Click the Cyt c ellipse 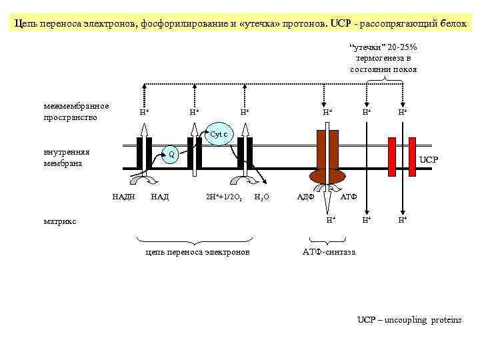tap(219, 133)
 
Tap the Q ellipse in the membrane tap(171, 155)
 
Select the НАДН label tap(123, 197)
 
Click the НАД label tap(160, 197)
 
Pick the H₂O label tap(262, 197)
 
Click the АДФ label tap(305, 197)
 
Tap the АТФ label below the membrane tap(349, 197)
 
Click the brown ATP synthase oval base tap(327, 176)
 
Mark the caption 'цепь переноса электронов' tap(197, 252)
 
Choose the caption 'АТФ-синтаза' tap(329, 252)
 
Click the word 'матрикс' tap(60, 221)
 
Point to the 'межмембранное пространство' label tap(76, 111)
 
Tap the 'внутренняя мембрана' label tap(67, 157)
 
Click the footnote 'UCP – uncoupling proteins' tap(409, 320)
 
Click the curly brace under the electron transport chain tap(197, 241)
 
